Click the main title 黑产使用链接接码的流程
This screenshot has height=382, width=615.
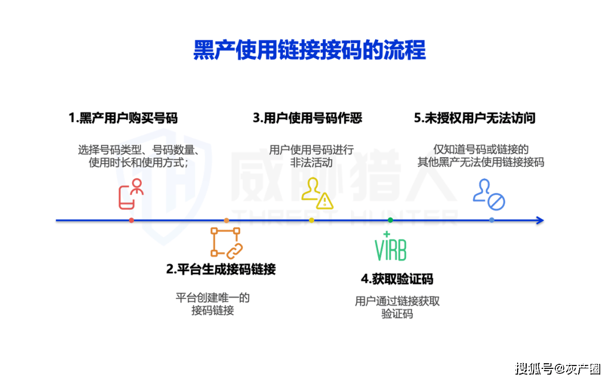(309, 50)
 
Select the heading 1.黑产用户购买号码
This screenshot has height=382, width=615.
(123, 118)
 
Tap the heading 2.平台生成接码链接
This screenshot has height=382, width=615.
(221, 269)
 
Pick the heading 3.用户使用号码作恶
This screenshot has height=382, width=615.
(307, 118)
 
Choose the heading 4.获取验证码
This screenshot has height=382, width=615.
(397, 280)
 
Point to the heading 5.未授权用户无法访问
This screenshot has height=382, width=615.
(474, 118)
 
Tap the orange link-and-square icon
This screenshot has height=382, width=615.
(227, 243)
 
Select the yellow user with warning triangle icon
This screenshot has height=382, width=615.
(317, 194)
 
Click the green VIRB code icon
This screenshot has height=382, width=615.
(390, 247)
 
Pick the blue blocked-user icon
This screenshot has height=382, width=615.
(489, 195)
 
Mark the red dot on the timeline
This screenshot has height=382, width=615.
(132, 220)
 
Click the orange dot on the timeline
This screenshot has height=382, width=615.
(226, 220)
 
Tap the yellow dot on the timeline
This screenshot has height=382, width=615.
(311, 220)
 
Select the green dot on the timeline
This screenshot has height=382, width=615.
(390, 220)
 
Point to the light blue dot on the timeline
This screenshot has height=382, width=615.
(492, 220)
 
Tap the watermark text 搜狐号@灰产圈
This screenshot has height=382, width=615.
(557, 369)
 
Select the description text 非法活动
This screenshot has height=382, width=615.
(311, 162)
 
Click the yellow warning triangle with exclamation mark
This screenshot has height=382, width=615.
(325, 202)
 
